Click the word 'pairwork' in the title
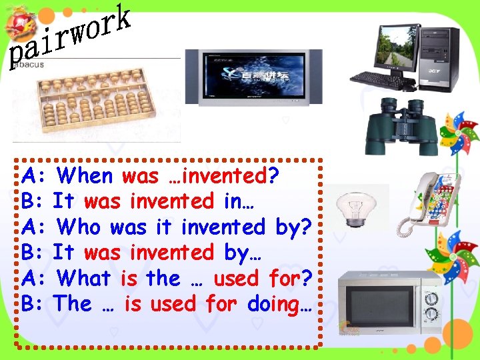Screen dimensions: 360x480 69,36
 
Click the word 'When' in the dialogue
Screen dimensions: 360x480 85,176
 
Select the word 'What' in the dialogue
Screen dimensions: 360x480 85,278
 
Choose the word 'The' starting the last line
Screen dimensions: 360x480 73,304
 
